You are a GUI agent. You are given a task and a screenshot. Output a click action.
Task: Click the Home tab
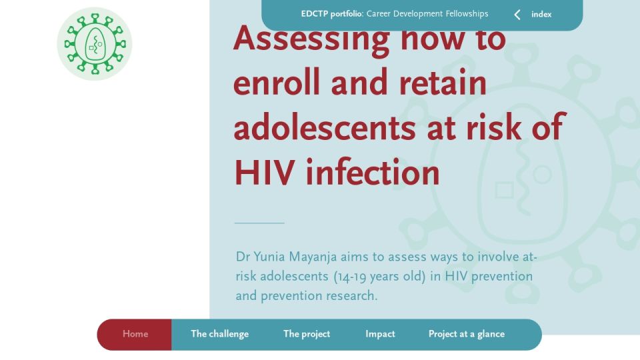pos(135,334)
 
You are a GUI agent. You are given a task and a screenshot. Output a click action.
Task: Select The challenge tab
pos(219,334)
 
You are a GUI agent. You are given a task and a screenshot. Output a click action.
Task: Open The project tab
pos(307,334)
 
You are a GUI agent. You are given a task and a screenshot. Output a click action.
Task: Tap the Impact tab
pos(380,334)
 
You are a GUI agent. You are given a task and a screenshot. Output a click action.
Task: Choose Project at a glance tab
pos(467,334)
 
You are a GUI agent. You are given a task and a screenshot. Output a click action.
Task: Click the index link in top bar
pos(541,15)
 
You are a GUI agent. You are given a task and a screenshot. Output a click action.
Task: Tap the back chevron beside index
pos(517,15)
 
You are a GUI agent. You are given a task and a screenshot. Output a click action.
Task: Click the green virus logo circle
pos(94,44)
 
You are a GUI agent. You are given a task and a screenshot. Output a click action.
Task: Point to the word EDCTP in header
pos(314,14)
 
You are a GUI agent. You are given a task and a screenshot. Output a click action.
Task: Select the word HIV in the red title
pos(264,173)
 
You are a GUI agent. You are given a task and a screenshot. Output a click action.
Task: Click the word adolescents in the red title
pos(325,127)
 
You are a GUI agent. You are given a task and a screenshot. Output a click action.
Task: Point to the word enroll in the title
pos(276,83)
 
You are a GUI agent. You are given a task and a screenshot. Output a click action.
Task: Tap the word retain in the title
pos(443,83)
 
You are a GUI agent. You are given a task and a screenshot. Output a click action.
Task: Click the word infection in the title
pos(373,172)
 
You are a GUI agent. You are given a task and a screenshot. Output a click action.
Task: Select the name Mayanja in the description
pos(313,257)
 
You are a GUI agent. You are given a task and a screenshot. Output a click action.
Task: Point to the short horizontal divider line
pos(259,223)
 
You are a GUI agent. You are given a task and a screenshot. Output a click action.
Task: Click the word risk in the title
pos(493,127)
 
